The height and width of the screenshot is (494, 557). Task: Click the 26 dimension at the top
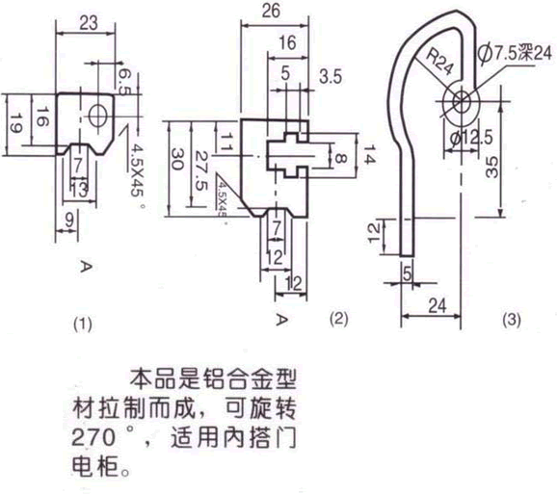pos(270,13)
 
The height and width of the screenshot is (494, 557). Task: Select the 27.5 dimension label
pos(199,157)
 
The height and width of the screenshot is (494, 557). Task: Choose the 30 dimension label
pos(175,157)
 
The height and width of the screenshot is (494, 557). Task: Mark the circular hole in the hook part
pos(461,99)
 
